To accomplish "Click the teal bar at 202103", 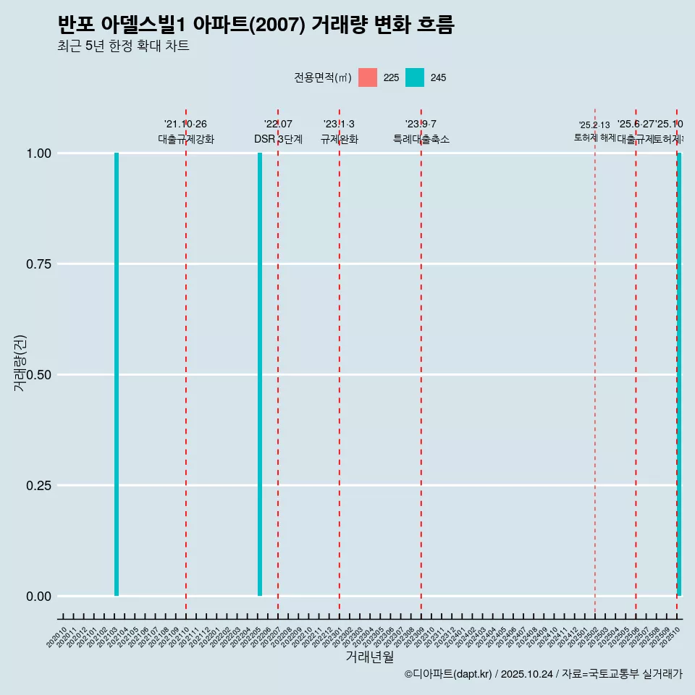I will click(x=117, y=374).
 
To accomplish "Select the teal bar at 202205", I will click(x=260, y=374).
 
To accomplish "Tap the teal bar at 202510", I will click(x=679, y=374).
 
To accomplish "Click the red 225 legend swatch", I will click(x=368, y=77).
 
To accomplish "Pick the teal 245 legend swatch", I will click(x=415, y=77).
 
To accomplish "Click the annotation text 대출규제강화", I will click(x=186, y=139).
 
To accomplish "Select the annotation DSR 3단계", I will click(x=278, y=139).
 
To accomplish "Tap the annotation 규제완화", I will click(x=340, y=139).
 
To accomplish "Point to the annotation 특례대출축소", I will click(x=421, y=139).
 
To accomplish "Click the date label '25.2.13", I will click(x=594, y=125).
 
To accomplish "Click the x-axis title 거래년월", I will click(x=370, y=657).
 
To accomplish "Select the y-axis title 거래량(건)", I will click(x=20, y=363).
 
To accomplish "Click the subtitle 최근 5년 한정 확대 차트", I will click(x=123, y=46).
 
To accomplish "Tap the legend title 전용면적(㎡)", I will click(x=323, y=77).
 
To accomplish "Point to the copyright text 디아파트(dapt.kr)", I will click(x=449, y=674).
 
